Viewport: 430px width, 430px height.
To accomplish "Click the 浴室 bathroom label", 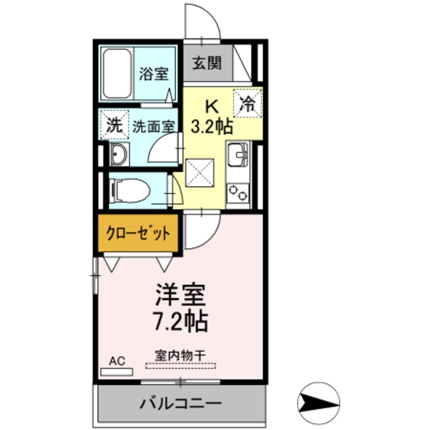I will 154,73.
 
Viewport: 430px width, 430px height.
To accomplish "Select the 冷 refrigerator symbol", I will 247,103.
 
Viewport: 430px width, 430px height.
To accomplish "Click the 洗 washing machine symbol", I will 114,124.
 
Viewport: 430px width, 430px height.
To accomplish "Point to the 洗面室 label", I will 153,125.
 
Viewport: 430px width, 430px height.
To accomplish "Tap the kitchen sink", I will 237,156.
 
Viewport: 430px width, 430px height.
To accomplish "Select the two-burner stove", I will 238,193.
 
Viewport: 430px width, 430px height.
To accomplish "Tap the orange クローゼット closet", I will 137,234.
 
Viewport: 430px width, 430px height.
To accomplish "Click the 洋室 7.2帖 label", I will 180,306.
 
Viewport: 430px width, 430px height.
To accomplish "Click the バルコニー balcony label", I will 180,404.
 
